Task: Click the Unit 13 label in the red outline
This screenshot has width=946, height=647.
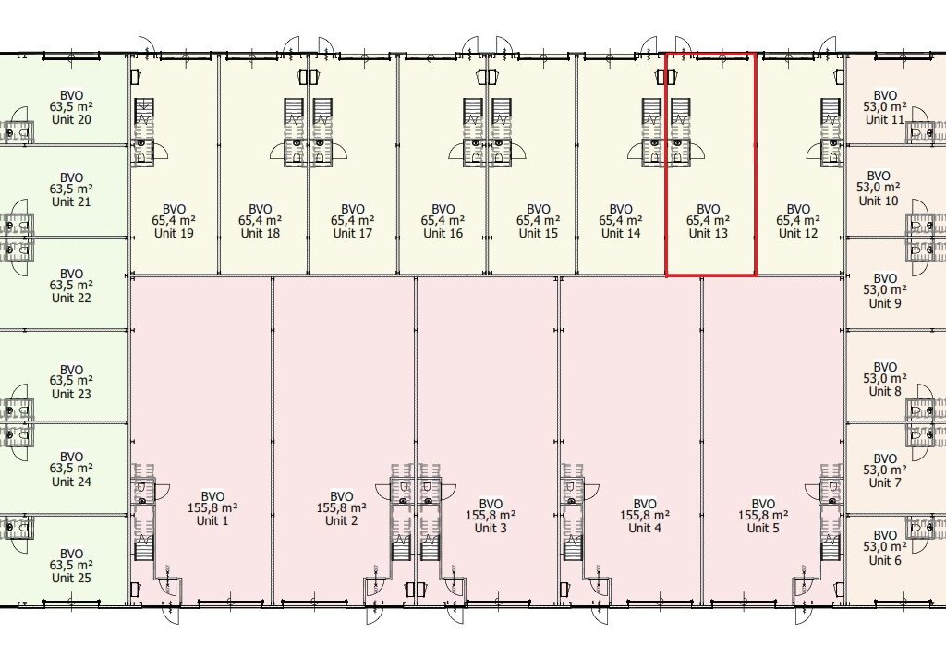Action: [709, 233]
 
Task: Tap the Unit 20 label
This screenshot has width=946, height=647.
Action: [71, 119]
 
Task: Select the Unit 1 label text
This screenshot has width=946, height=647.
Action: [212, 520]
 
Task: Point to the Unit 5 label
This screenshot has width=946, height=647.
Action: [763, 528]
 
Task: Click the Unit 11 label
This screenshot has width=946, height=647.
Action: [884, 119]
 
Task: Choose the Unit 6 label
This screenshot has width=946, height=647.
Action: [884, 560]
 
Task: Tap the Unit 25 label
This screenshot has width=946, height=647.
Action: [71, 578]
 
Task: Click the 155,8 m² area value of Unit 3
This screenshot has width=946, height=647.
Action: [491, 516]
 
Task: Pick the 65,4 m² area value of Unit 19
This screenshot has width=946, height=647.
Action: [174, 221]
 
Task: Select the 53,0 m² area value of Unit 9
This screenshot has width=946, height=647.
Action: [884, 290]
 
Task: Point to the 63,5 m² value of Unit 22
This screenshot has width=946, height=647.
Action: [71, 286]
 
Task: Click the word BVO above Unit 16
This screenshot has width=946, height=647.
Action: [443, 210]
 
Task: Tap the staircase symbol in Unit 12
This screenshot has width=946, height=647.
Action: [831, 112]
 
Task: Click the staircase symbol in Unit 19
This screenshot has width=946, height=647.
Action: [144, 112]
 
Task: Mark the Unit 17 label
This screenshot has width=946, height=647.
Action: [352, 233]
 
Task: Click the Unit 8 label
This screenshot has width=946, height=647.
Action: [884, 391]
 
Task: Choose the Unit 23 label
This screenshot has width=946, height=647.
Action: [71, 394]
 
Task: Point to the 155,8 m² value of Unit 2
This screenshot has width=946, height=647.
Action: [342, 508]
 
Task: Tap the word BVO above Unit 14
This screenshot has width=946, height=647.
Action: [621, 210]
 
